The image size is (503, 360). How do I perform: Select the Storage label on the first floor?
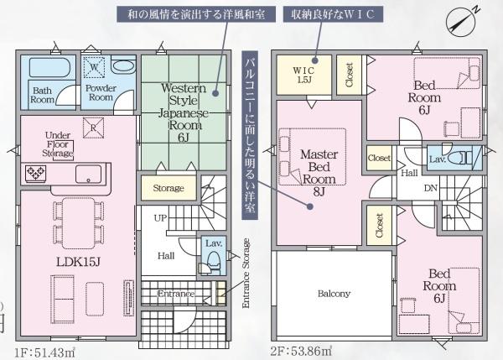pos(169,189)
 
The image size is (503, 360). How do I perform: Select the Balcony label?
pos(334,294)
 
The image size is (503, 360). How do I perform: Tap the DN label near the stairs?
pos(430,188)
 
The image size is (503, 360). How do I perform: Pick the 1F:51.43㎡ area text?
pos(45,350)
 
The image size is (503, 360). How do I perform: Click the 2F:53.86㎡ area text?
pos(301,350)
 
